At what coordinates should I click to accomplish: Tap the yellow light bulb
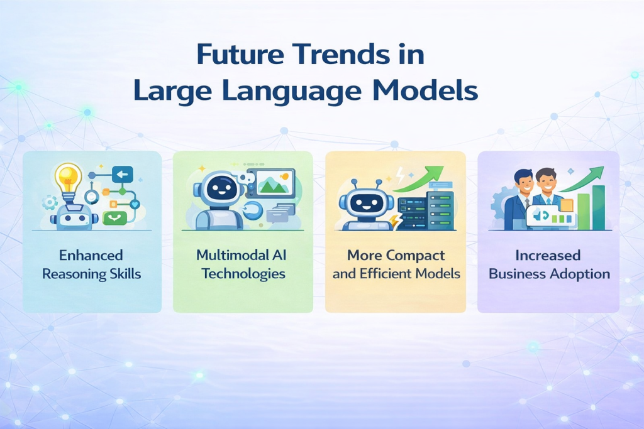click(x=69, y=179)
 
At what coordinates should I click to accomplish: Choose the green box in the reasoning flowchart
click(x=115, y=217)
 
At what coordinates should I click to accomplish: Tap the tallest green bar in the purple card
click(x=598, y=207)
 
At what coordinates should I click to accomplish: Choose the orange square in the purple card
click(x=567, y=205)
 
